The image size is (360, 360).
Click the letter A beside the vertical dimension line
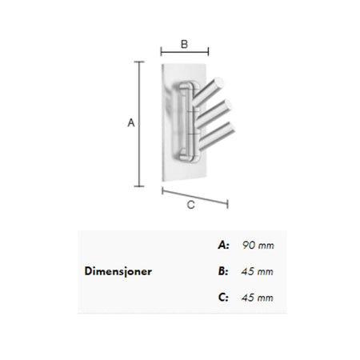pyautogui.click(x=131, y=122)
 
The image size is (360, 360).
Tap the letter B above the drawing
pyautogui.click(x=184, y=44)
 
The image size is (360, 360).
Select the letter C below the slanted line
pyautogui.click(x=191, y=205)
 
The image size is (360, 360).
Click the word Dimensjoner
pyautogui.click(x=118, y=271)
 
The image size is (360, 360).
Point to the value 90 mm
pyautogui.click(x=258, y=245)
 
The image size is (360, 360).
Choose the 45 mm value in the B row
pyautogui.click(x=258, y=271)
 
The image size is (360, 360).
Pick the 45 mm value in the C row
pyautogui.click(x=258, y=298)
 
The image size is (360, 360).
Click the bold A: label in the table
pyautogui.click(x=223, y=245)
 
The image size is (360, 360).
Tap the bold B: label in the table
pyautogui.click(x=223, y=271)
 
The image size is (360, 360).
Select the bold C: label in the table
pyautogui.click(x=223, y=298)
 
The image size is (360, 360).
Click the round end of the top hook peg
pyautogui.click(x=219, y=82)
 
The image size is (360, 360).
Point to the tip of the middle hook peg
pyautogui.click(x=227, y=105)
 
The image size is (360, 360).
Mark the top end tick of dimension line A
pyautogui.click(x=139, y=62)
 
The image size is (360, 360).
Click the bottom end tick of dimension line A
pyautogui.click(x=139, y=186)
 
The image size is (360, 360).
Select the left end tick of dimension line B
pyautogui.click(x=161, y=51)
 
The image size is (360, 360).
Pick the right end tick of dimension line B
pyautogui.click(x=208, y=51)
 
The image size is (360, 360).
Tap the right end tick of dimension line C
pyautogui.click(x=227, y=204)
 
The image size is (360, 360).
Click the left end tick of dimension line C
pyautogui.click(x=162, y=190)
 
